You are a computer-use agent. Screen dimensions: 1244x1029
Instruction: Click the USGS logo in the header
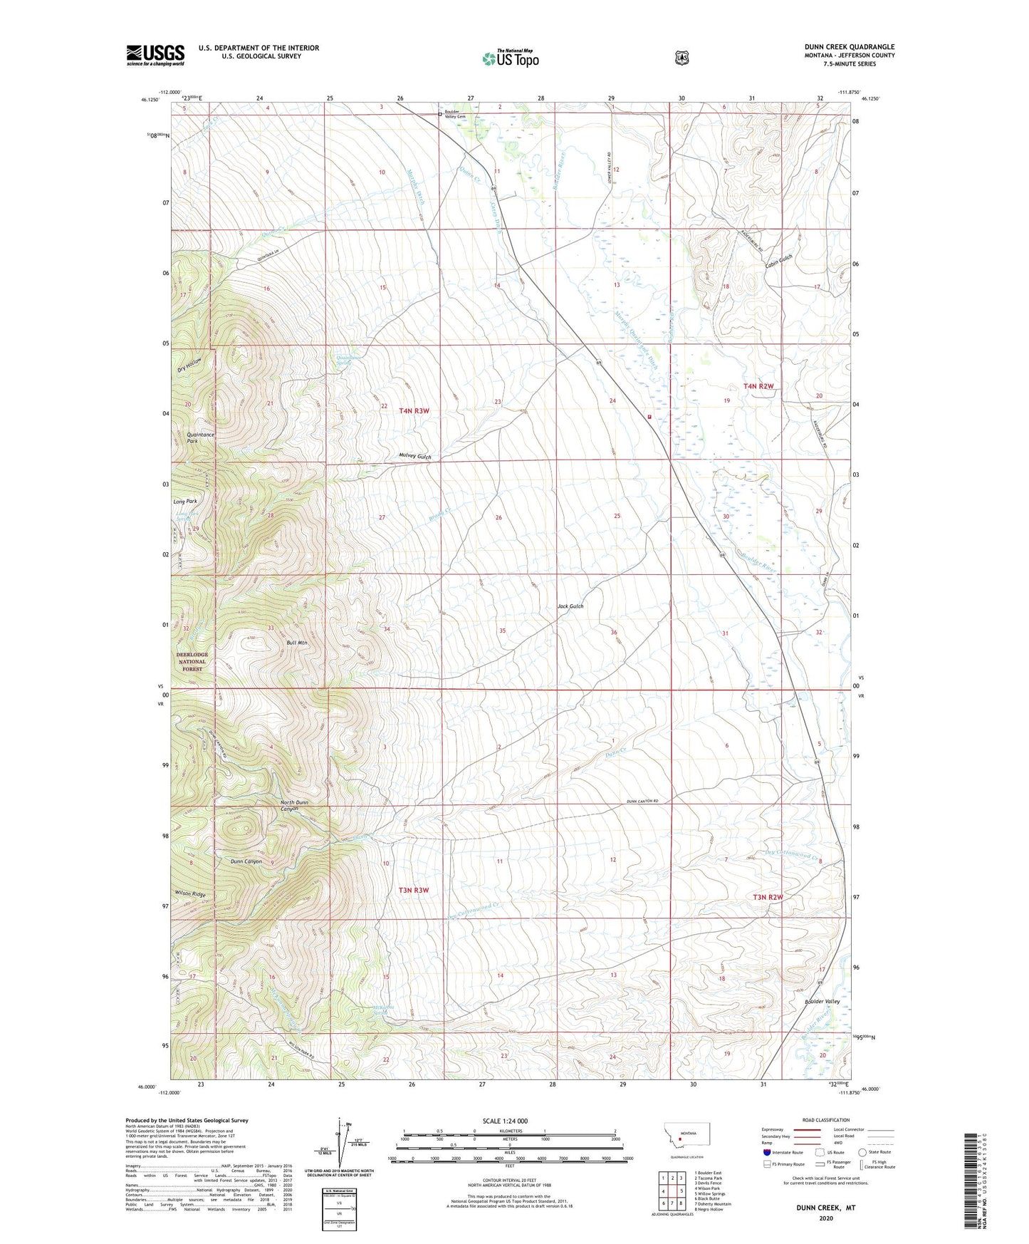point(155,55)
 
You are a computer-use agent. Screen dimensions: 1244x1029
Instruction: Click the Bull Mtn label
point(296,643)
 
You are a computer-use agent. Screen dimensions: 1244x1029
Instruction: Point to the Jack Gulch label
point(570,606)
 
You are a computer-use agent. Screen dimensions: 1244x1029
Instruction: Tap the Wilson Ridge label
point(190,893)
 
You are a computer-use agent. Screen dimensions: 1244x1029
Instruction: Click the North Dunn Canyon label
point(294,806)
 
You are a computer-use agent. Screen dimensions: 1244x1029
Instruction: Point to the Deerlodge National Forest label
point(192,661)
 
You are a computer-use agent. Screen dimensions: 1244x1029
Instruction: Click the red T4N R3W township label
point(414,410)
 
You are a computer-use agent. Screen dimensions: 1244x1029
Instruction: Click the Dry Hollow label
point(189,365)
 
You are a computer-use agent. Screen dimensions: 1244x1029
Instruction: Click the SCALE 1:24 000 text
point(505,1121)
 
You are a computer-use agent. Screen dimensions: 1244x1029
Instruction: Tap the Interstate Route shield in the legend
point(766,1152)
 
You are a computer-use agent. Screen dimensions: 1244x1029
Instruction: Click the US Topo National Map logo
point(511,58)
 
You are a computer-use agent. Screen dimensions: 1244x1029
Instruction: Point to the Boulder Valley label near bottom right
point(822,1002)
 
